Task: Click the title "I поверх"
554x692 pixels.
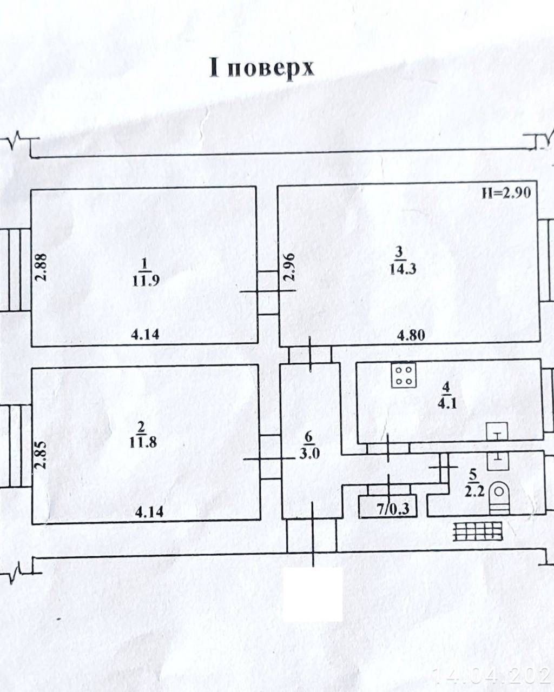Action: (x=262, y=69)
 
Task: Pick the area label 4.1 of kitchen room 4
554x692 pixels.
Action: (x=446, y=403)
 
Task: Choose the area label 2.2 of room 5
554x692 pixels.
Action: (x=472, y=491)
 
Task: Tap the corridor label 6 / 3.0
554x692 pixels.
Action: (x=309, y=453)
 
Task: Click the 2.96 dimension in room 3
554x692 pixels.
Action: (x=290, y=267)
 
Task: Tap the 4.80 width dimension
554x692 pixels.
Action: (x=411, y=335)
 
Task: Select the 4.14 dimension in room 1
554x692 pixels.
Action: (x=145, y=334)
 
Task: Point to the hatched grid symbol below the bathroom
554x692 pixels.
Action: (x=477, y=532)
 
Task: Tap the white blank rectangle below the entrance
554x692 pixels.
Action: (x=314, y=594)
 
